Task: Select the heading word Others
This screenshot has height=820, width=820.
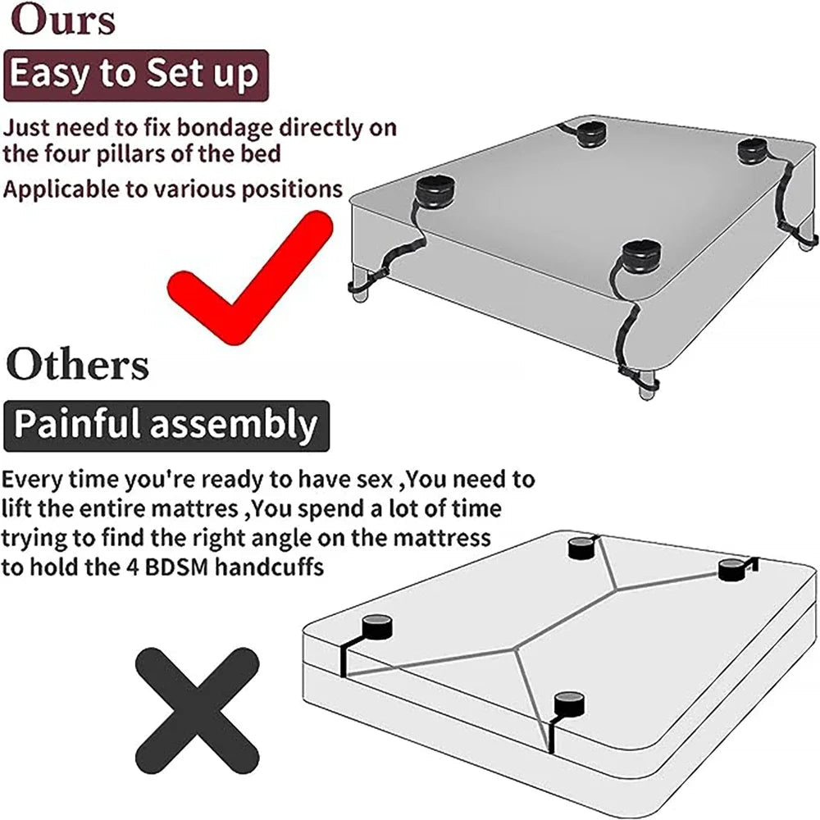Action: click(78, 364)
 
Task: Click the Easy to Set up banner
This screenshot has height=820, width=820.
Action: click(136, 75)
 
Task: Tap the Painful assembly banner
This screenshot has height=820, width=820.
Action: click(166, 426)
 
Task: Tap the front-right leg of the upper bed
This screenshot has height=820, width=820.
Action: click(648, 383)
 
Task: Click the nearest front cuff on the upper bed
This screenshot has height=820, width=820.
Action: click(641, 257)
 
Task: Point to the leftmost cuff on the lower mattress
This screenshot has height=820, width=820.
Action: click(376, 626)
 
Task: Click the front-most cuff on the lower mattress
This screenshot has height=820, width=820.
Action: click(569, 704)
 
